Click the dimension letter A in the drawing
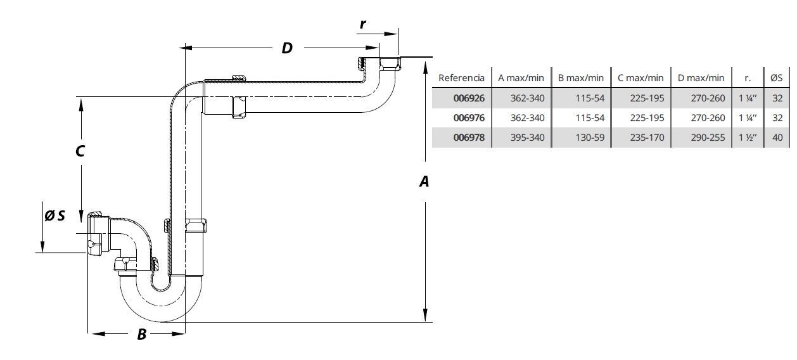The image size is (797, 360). click(x=424, y=182)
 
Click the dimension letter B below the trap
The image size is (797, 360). click(x=142, y=335)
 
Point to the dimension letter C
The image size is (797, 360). click(x=80, y=151)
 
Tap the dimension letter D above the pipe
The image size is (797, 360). click(x=287, y=48)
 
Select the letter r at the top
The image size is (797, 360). click(x=362, y=24)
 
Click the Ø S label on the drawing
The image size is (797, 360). click(x=54, y=215)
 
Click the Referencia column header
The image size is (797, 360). click(x=461, y=78)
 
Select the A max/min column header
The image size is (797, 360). click(x=521, y=78)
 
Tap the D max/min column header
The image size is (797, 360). click(x=701, y=78)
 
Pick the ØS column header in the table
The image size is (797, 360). click(x=777, y=78)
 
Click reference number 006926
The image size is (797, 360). click(x=469, y=98)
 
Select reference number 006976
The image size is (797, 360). click(x=469, y=118)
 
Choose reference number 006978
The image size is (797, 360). click(x=469, y=138)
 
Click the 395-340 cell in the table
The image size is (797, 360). click(x=527, y=138)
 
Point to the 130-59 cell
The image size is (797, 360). click(x=590, y=138)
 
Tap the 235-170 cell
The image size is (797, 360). click(x=647, y=138)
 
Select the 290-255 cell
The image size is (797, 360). click(x=708, y=138)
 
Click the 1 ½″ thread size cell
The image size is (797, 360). click(x=748, y=138)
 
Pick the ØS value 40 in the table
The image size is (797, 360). click(x=777, y=138)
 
